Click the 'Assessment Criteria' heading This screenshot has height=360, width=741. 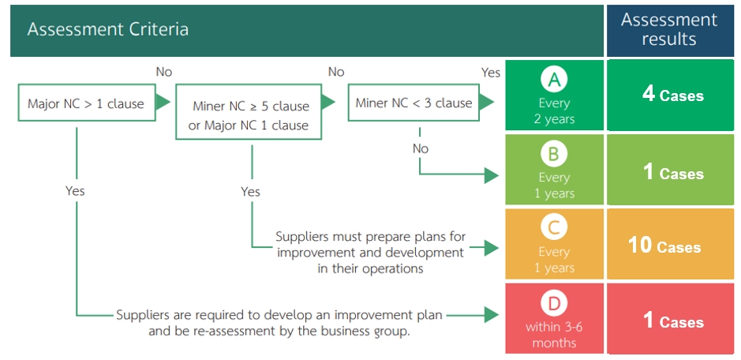[108, 29]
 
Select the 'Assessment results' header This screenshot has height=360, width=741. [668, 29]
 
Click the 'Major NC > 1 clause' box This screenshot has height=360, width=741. [87, 103]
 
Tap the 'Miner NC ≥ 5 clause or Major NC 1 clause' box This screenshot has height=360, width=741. [249, 111]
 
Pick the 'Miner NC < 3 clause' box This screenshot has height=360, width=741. [414, 103]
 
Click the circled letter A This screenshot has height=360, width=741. [554, 80]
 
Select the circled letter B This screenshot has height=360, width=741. [554, 154]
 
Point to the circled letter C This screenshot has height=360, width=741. [554, 228]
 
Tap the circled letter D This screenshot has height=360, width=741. [554, 303]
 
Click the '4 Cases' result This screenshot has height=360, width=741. [672, 95]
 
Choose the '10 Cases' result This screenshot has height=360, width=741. [664, 246]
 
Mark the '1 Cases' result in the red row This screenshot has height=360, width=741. [673, 321]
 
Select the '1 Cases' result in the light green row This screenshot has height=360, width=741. [673, 173]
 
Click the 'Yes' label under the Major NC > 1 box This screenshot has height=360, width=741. [75, 190]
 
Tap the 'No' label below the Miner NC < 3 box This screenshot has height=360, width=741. [420, 148]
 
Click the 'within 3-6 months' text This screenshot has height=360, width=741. [554, 334]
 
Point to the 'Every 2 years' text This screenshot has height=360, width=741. [554, 111]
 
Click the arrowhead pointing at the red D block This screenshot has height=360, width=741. [492, 314]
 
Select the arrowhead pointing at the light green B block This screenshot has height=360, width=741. [492, 176]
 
